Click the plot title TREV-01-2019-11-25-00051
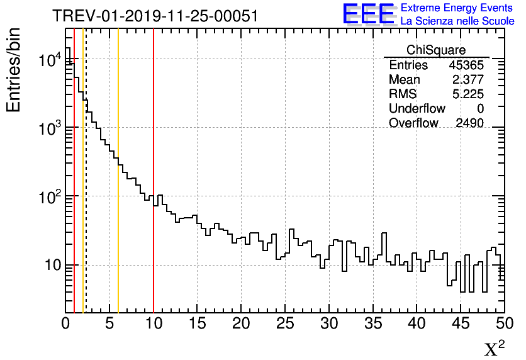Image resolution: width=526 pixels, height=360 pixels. [155, 16]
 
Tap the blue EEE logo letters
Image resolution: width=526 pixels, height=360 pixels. [369, 14]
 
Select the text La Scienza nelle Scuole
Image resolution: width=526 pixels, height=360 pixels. [457, 21]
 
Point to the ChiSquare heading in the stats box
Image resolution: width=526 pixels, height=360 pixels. [435, 50]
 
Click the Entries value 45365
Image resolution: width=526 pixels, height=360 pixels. [466, 65]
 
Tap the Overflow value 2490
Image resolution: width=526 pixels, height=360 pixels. [469, 123]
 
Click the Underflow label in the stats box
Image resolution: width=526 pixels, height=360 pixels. [417, 109]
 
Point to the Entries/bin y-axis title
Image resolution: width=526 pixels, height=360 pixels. [14, 70]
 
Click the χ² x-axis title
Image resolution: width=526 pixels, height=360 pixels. [495, 348]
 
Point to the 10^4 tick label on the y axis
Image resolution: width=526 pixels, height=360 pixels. [49, 60]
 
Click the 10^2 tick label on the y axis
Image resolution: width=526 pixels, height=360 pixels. [49, 197]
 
